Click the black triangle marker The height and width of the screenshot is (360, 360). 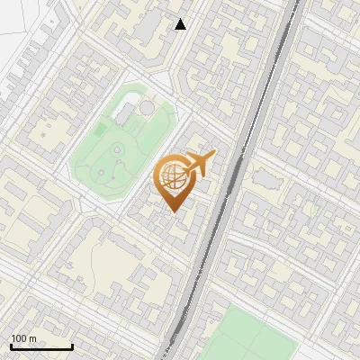(181, 24)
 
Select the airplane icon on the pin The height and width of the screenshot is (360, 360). (200, 164)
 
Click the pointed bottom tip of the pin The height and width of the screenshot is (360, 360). (172, 211)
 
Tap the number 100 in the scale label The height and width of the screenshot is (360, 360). (18, 338)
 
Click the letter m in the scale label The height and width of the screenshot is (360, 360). (32, 338)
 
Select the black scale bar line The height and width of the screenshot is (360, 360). (40, 347)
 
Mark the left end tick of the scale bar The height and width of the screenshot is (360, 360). (10, 345)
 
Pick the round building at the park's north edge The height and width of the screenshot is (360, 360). (146, 107)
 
